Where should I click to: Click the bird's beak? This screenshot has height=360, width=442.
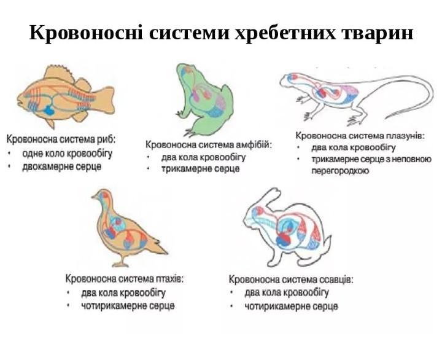[94, 198]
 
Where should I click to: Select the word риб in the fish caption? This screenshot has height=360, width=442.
[107, 139]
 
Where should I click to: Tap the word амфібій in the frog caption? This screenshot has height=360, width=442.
[253, 144]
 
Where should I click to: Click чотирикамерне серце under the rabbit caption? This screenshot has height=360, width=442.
[291, 306]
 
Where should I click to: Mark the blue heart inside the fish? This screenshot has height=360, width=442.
[48, 111]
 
